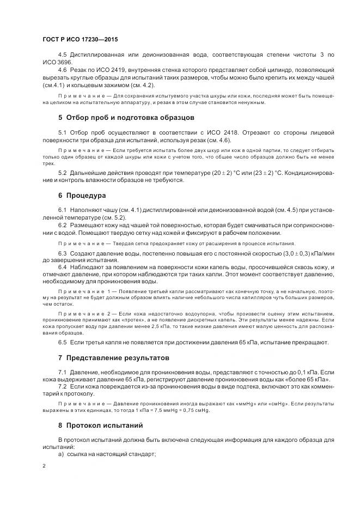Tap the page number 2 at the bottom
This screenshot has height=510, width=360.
[44, 466]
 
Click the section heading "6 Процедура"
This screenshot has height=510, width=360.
[82, 195]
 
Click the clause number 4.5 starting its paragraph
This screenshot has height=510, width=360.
[63, 56]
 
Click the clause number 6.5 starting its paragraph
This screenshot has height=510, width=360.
[63, 342]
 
